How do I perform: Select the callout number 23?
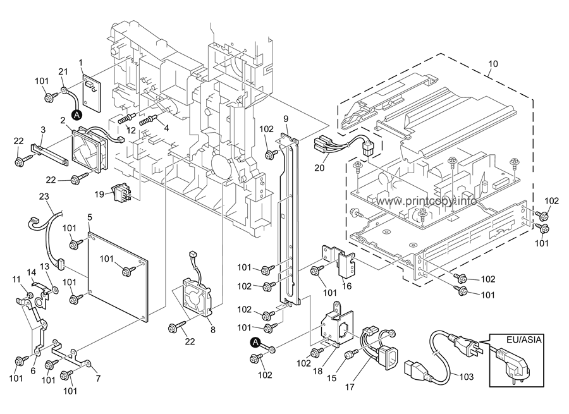tap(44, 197)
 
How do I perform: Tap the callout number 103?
tap(466, 377)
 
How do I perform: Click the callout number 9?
tap(286, 118)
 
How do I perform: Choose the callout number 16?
tap(346, 286)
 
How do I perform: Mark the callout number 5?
tap(90, 217)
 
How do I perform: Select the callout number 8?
tap(212, 329)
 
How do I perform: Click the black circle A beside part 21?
tap(77, 115)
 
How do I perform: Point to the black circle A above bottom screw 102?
tap(255, 343)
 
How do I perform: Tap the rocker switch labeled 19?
tap(120, 192)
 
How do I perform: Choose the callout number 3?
tap(42, 130)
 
